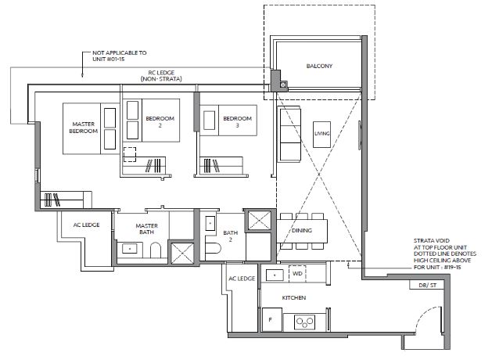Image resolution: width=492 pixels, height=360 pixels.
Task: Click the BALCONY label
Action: (319, 66)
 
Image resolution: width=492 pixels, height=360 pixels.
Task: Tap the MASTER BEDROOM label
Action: (83, 128)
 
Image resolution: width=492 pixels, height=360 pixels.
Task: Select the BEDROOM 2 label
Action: (160, 122)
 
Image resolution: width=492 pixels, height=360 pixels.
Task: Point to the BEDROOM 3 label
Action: (237, 122)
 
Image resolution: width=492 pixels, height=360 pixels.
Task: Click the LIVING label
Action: (322, 133)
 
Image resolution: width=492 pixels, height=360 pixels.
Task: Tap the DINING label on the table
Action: (302, 230)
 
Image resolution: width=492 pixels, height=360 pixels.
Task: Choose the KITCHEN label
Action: (293, 297)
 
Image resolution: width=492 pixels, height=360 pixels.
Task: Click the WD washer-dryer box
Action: (297, 274)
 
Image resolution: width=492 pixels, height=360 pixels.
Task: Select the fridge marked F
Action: (271, 319)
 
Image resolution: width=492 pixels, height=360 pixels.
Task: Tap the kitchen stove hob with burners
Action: (305, 322)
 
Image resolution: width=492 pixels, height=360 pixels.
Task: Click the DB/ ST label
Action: (427, 286)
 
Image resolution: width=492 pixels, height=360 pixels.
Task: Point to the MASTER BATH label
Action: (146, 229)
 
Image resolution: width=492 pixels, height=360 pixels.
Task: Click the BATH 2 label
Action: (230, 236)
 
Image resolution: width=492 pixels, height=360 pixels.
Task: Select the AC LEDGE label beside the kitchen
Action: (242, 279)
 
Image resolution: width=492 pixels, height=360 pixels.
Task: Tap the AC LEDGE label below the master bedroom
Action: (86, 225)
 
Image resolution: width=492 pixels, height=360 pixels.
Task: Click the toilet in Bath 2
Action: (213, 249)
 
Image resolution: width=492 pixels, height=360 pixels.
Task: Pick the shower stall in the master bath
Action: (182, 253)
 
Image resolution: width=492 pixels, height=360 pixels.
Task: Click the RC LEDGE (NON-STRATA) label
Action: (161, 76)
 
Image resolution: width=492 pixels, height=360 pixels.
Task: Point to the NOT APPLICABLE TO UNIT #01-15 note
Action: (119, 56)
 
